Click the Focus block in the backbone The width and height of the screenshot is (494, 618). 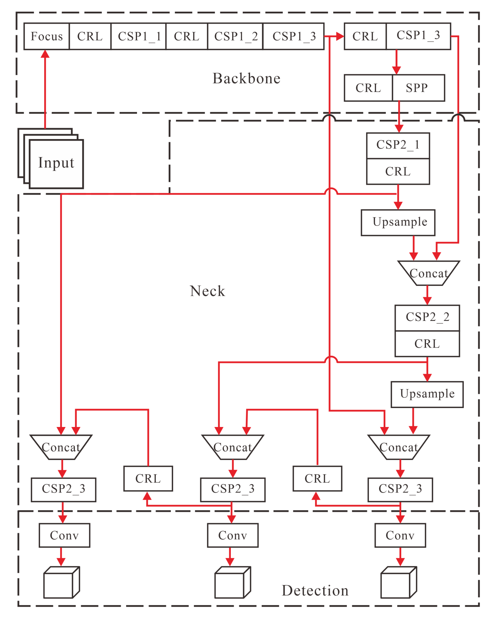pos(47,37)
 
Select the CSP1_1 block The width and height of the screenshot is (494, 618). pos(139,37)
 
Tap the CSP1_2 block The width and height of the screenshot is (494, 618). pos(235,37)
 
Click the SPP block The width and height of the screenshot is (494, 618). pos(417,88)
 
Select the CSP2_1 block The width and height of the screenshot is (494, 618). pos(398,145)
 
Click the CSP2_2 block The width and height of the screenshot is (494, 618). pos(427,317)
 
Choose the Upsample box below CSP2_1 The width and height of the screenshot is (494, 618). pos(398,222)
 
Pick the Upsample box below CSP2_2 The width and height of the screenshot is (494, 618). pos(427,394)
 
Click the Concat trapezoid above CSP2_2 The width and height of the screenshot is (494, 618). pos(429,273)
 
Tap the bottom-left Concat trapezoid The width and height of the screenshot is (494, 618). pos(61,447)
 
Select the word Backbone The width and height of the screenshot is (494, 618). pos(246,79)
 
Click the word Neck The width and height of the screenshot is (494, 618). pos(207,291)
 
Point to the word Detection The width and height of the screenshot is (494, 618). pos(315,591)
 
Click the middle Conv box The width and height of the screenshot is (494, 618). pos(233,535)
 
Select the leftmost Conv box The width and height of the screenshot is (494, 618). pos(64,535)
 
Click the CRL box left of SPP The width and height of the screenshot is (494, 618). pos(368,88)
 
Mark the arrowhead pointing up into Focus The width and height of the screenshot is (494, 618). pos(45,54)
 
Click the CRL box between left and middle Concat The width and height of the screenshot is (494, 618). pos(148,478)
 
